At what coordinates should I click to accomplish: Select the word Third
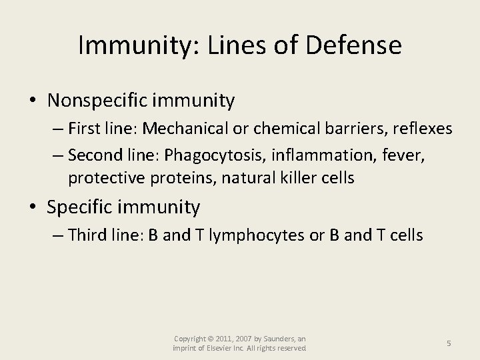85,236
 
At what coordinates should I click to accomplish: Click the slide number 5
449,343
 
